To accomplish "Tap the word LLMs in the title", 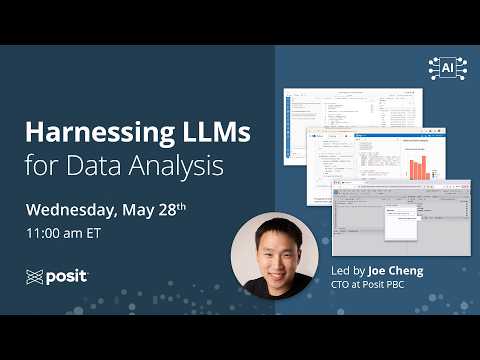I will (x=215, y=132).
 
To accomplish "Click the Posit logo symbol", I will (x=36, y=276).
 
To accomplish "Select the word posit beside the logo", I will (x=68, y=276).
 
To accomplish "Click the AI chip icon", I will (x=447, y=67).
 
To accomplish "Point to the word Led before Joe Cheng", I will (x=341, y=270).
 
